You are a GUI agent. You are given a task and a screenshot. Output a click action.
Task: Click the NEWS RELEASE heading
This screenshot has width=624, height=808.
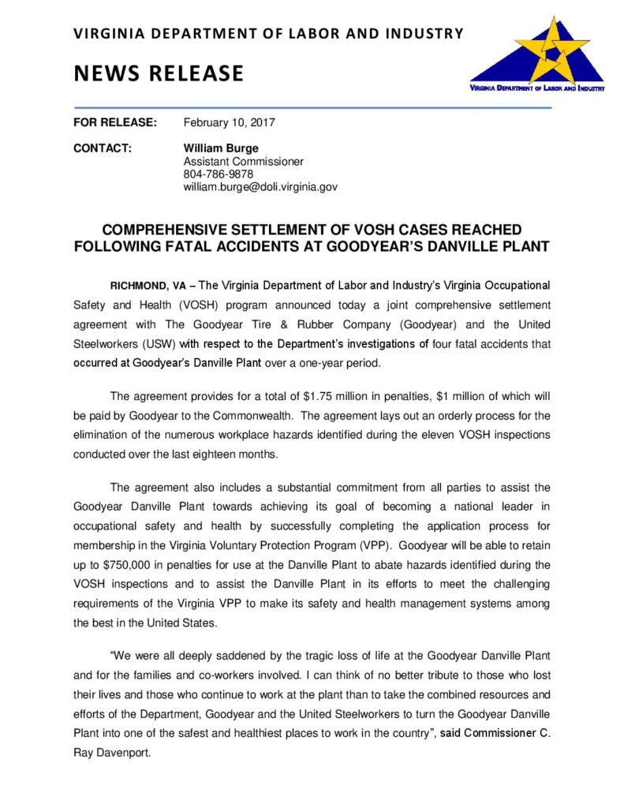(x=159, y=73)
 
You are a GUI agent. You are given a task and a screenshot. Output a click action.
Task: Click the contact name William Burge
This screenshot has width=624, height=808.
(x=221, y=148)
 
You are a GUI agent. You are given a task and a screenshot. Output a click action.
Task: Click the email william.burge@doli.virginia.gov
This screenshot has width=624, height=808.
(x=260, y=187)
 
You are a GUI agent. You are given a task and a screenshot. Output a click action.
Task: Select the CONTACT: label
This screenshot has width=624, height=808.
(x=103, y=148)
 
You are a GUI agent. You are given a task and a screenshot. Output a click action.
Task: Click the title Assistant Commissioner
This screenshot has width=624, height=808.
(x=243, y=161)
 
